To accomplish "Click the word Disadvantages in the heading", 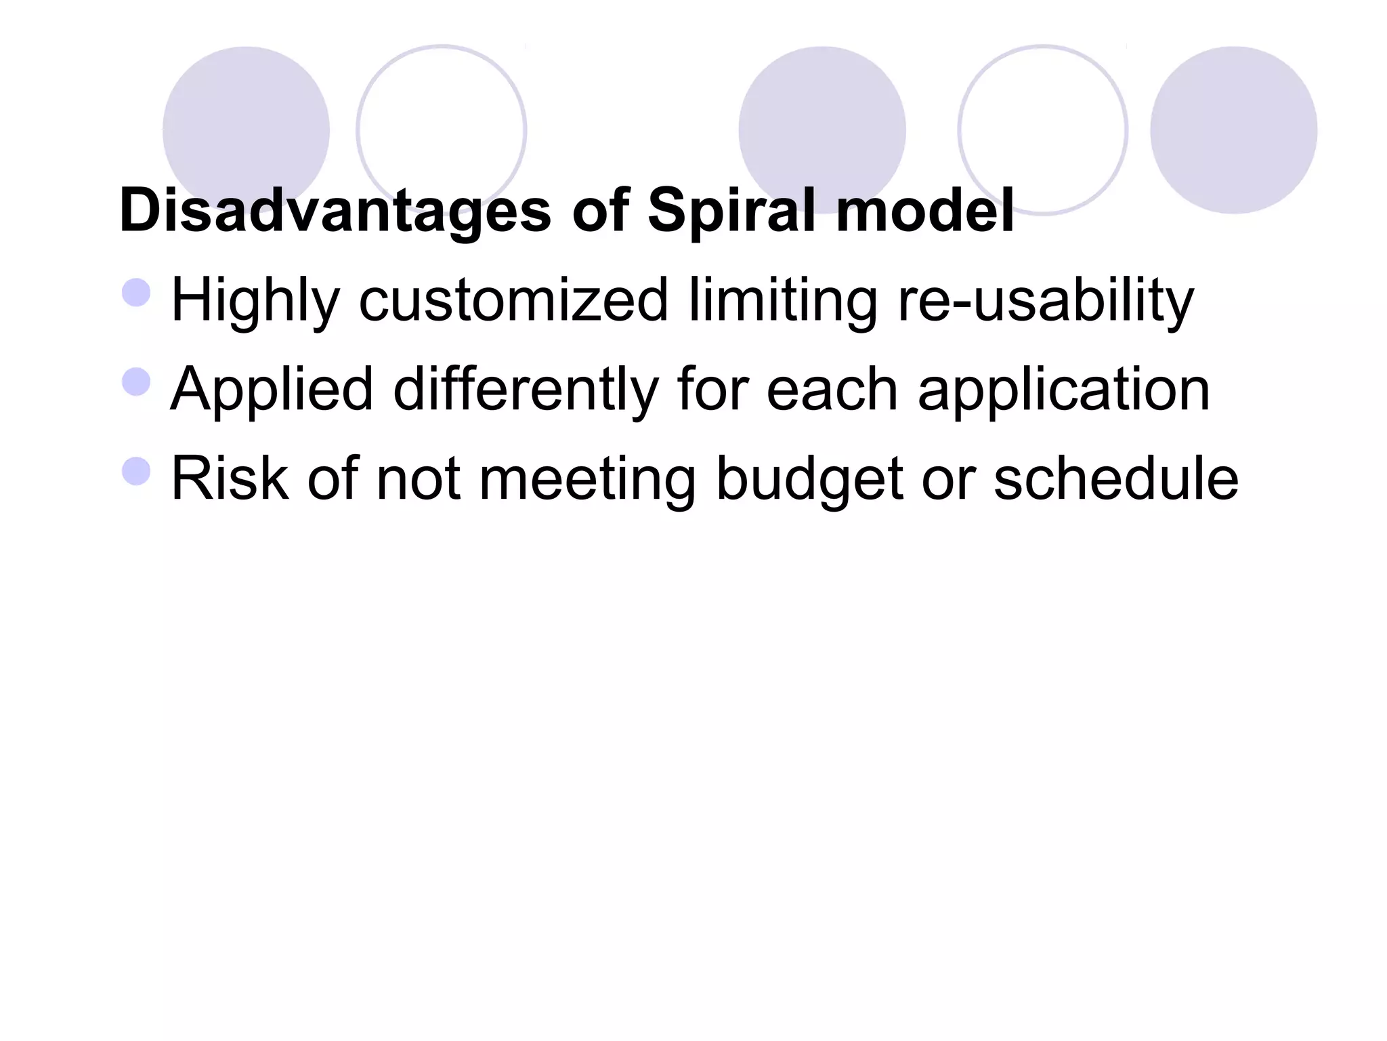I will click(335, 211).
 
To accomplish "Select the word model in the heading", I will click(925, 211).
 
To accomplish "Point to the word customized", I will click(513, 300).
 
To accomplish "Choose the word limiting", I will click(783, 300).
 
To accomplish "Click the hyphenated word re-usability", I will click(1046, 300).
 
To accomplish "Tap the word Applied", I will click(272, 390).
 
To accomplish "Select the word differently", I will click(526, 390).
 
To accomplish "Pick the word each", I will click(832, 390).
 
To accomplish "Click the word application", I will click(1064, 390).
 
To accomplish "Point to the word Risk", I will click(230, 479).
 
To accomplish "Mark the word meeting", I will click(587, 479).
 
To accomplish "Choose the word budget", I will click(809, 479).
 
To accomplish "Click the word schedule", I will click(1116, 479).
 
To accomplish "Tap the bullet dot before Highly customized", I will click(136, 293).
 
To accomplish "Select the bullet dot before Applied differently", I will click(136, 382).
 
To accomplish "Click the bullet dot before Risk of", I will click(136, 471).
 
